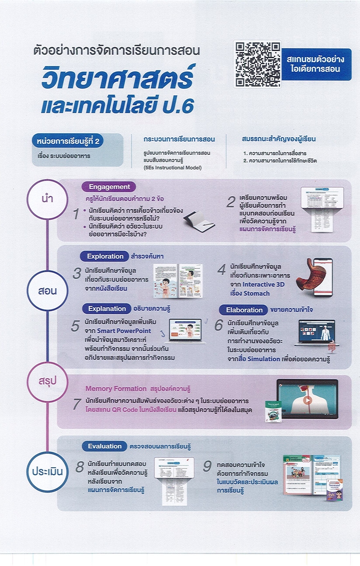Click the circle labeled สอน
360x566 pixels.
coord(47,291)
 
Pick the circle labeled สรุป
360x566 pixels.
coord(47,382)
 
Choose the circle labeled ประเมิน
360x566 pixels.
coord(47,472)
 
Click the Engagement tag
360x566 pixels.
coord(109,187)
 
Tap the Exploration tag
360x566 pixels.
coord(105,257)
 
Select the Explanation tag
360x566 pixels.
coord(107,309)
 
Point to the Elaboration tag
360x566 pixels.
coord(244,310)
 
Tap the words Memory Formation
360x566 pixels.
coord(116,389)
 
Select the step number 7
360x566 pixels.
coord(77,404)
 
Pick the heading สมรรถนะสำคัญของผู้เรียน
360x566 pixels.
coord(279,139)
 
